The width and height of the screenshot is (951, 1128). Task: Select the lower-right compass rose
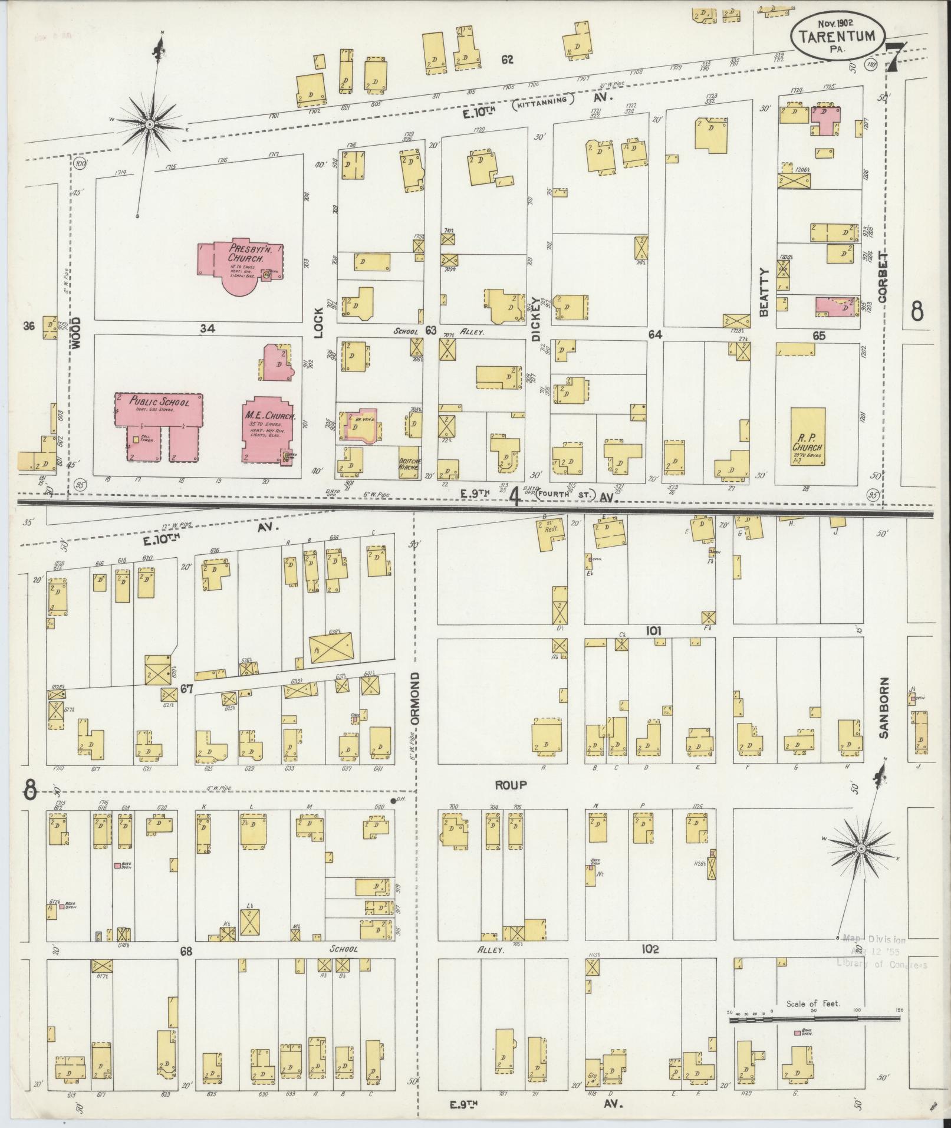(x=860, y=849)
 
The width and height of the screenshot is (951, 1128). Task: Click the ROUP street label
(x=510, y=785)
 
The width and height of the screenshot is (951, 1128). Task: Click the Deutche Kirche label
(x=409, y=464)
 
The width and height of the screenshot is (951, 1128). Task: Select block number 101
(x=653, y=630)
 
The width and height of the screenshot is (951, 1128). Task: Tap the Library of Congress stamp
(x=881, y=961)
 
